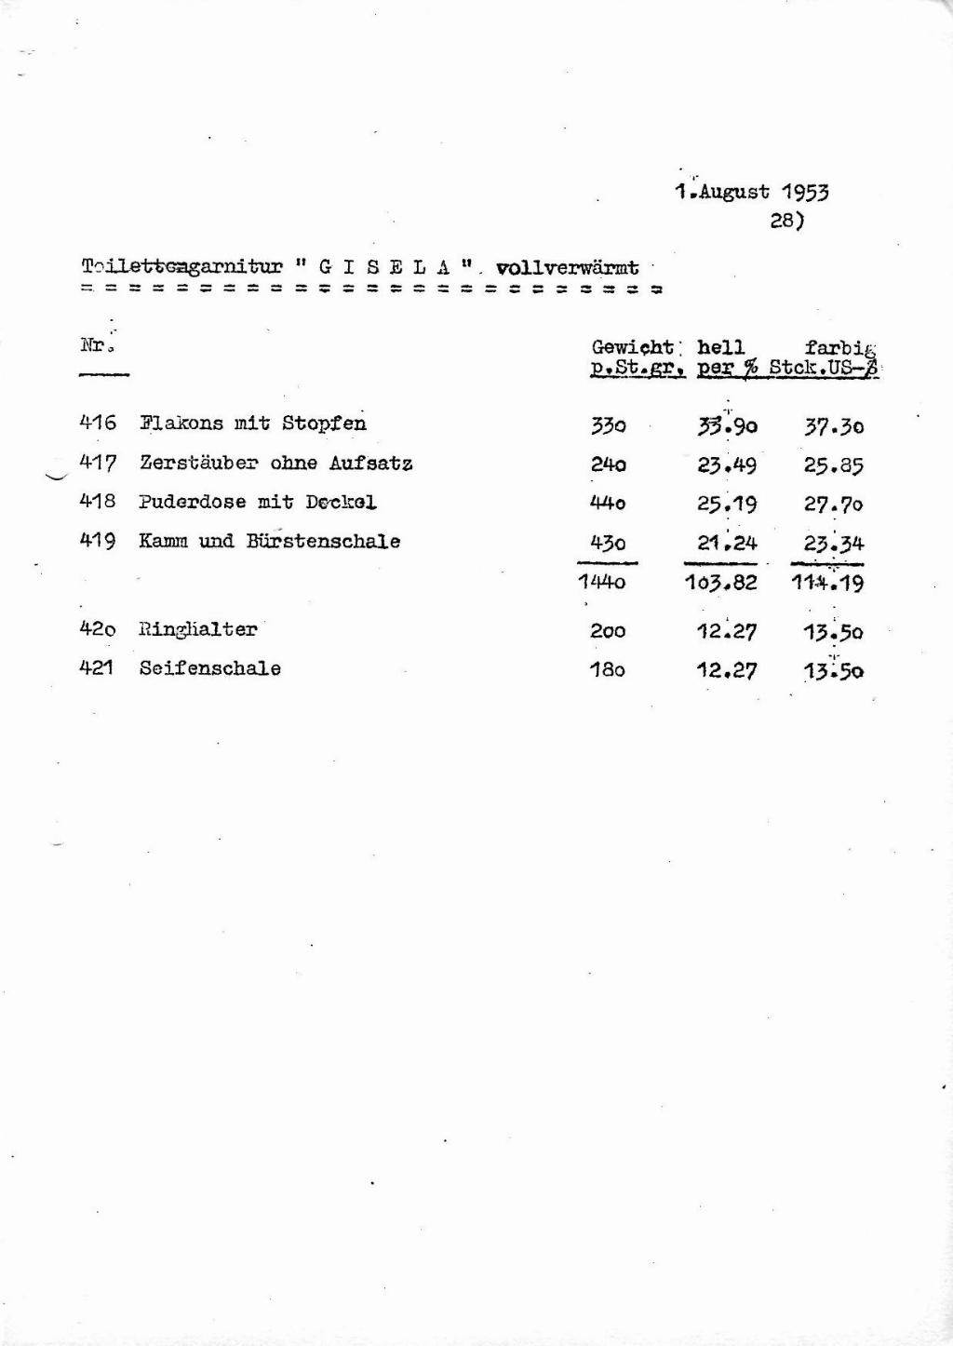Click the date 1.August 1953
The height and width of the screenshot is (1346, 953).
pos(751,193)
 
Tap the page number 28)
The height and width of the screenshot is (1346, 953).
pos(786,222)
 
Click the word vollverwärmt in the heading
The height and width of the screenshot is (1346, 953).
pos(568,269)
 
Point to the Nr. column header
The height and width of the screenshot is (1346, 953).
pos(96,345)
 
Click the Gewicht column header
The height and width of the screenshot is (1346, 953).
pos(633,347)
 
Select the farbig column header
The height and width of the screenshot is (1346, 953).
pos(841,348)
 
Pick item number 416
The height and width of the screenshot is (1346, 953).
pos(99,424)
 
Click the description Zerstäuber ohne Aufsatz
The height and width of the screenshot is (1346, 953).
pos(276,463)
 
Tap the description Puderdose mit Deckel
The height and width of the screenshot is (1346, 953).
pos(258,502)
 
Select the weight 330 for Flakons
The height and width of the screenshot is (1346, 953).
pos(608,426)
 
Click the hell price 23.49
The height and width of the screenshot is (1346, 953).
pos(727,465)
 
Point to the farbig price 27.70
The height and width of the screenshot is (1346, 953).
pos(834,505)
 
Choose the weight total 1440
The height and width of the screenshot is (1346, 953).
pos(601,584)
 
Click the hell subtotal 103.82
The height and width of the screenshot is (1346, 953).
pos(720,584)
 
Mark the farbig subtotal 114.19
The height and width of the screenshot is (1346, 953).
pos(827,584)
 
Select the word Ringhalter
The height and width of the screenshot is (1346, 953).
pos(197,629)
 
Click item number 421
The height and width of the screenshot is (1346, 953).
pos(97,668)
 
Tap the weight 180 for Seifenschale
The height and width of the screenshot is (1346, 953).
pos(607,669)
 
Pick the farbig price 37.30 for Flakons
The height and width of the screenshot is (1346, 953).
pos(834,426)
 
